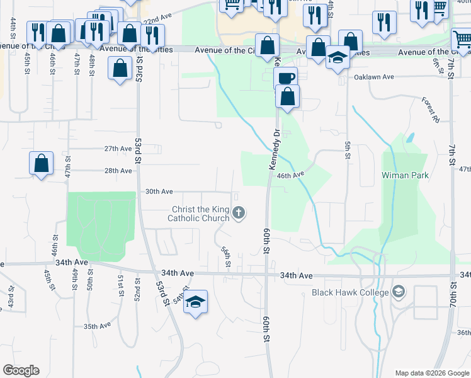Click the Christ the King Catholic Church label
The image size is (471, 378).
200,214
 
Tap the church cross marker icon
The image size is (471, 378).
239,213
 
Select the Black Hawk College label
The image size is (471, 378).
351,292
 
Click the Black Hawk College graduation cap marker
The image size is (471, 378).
398,292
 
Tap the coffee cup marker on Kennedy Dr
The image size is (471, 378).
286,78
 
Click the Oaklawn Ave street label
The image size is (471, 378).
373,77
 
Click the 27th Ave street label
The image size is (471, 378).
118,149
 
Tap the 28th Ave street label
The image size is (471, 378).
118,170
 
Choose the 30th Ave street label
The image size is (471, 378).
159,192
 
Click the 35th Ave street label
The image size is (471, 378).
97,326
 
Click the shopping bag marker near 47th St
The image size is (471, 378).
41,163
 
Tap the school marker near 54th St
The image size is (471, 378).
196,302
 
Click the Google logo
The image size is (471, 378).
21,370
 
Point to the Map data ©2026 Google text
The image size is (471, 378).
431,373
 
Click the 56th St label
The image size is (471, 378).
226,255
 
